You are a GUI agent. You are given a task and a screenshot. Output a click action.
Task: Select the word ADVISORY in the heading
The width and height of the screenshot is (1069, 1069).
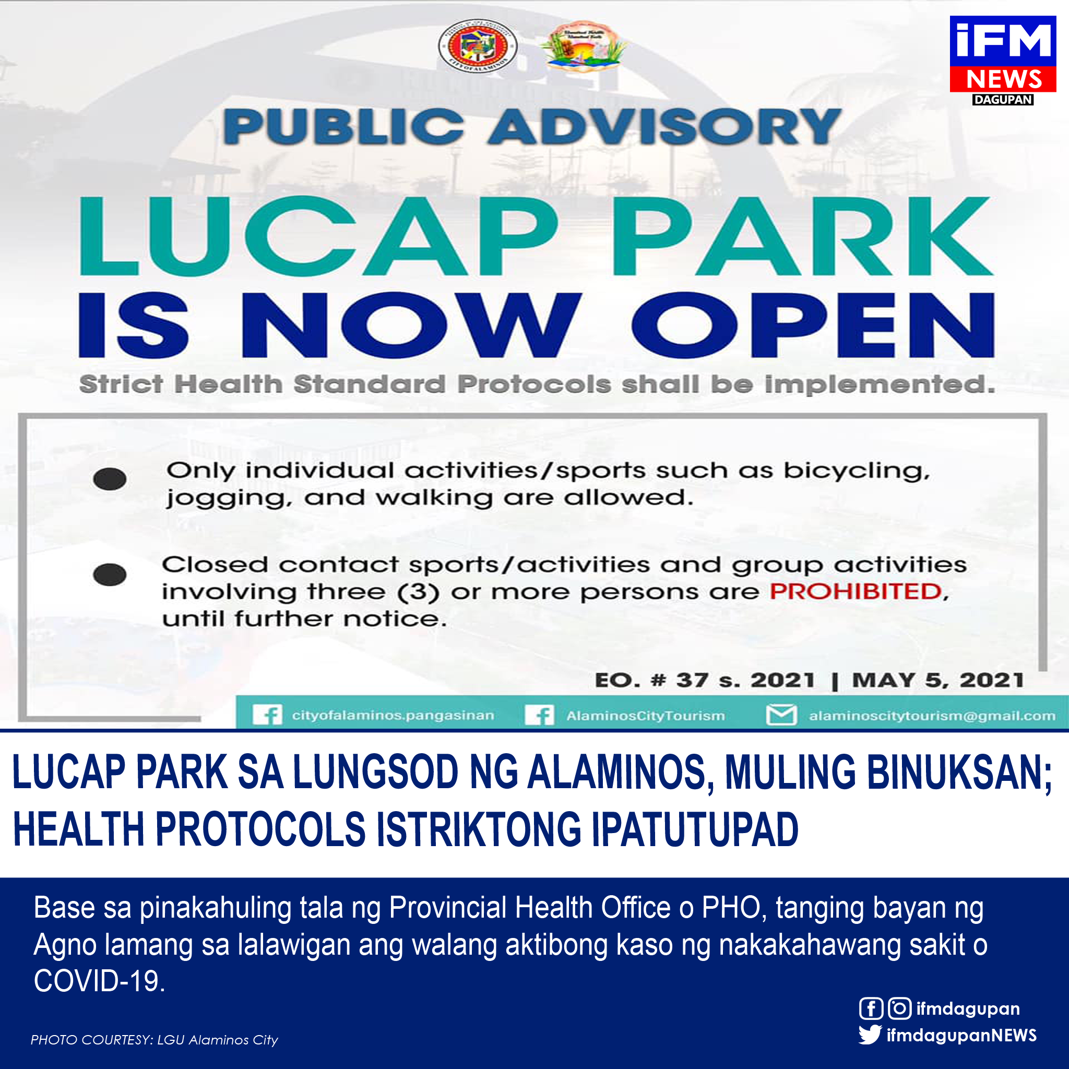(664, 127)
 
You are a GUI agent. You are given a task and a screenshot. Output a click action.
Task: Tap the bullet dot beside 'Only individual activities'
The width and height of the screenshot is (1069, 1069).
(110, 479)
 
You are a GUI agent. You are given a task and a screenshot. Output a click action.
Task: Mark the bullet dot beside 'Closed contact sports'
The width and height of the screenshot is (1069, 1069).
(110, 575)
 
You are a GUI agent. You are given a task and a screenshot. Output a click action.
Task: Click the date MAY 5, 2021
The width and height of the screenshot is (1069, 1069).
(938, 680)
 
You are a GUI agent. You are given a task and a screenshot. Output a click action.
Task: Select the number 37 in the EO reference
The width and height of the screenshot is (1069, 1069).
(692, 680)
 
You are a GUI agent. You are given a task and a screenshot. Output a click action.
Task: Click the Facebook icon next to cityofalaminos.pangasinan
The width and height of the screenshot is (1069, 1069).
(267, 715)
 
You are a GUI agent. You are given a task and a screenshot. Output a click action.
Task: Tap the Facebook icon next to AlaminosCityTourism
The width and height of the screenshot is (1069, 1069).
(540, 715)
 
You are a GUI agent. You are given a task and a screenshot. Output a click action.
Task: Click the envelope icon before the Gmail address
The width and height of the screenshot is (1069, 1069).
(781, 715)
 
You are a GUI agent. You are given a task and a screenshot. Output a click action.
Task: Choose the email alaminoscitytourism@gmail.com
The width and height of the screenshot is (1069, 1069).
(932, 716)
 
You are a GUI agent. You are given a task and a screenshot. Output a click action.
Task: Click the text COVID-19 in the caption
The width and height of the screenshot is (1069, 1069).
(99, 981)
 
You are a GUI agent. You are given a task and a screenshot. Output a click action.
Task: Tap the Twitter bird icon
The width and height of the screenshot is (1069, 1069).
(870, 1034)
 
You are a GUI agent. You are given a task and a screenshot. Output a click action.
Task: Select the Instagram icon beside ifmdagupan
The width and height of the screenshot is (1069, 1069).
(900, 1008)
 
